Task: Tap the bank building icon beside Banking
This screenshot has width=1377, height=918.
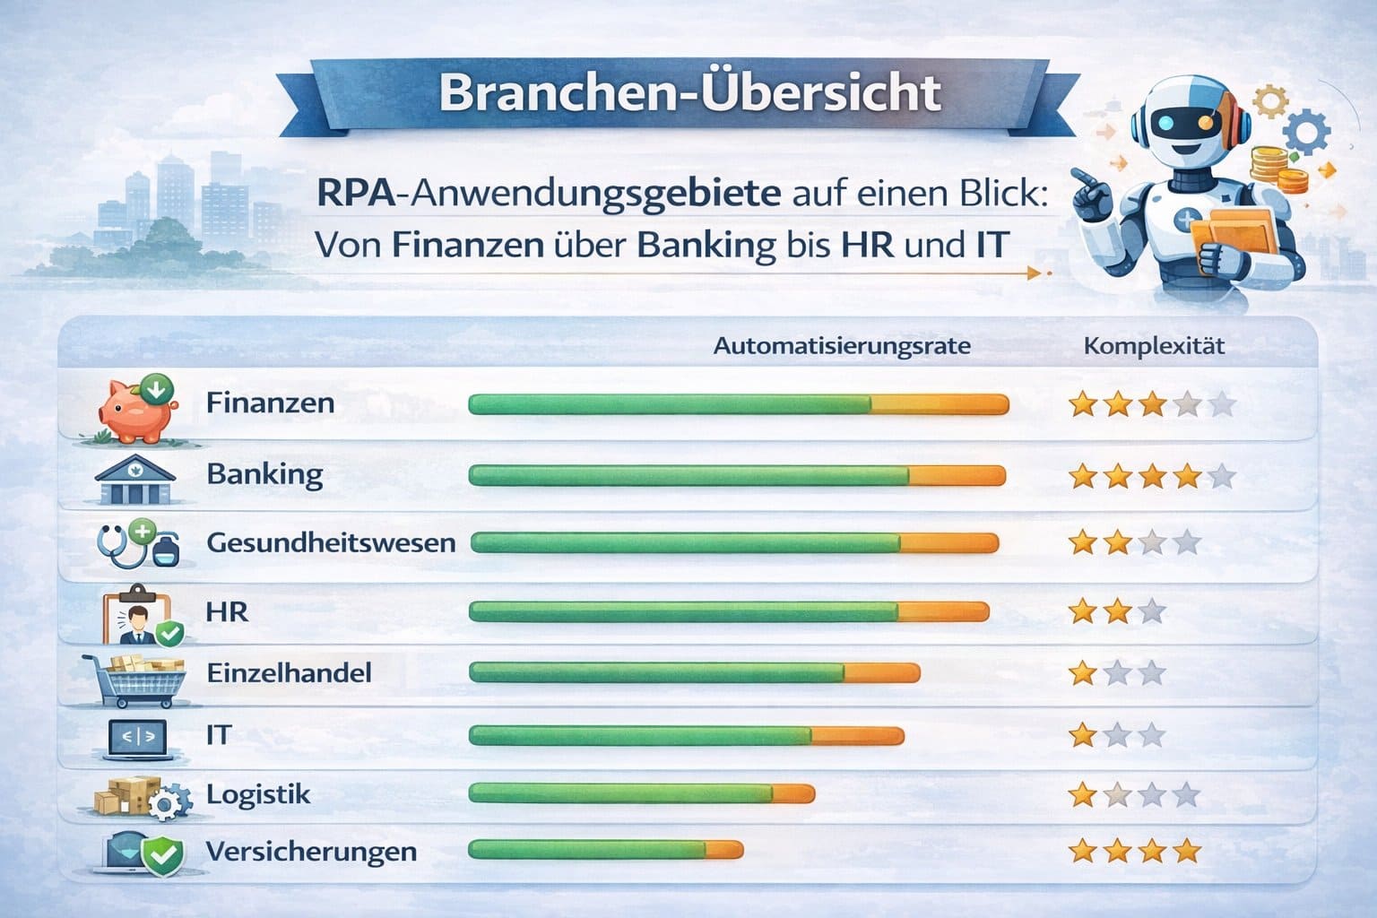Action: point(134,480)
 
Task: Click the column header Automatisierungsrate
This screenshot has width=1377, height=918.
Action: point(842,346)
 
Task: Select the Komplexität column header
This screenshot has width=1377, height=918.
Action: point(1154,346)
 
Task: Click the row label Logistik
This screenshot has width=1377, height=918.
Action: point(258,794)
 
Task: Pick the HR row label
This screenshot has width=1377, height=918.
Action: point(227,612)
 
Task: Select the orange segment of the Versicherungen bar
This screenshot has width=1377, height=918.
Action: point(723,850)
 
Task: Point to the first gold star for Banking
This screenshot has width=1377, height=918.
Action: point(1084,476)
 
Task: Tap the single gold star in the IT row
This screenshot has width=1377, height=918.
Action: point(1084,736)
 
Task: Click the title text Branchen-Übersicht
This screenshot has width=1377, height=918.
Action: point(689,93)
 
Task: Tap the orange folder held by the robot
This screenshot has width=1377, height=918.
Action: point(1235,235)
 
